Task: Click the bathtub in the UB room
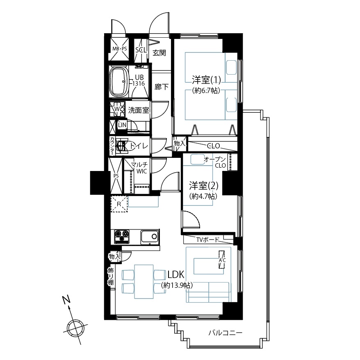click(x=119, y=82)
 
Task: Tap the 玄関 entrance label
click(x=159, y=53)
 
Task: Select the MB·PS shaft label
click(x=119, y=49)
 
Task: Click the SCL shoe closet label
click(x=141, y=50)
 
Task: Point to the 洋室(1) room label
click(x=206, y=80)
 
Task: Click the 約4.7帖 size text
click(x=203, y=196)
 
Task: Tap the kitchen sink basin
click(x=149, y=236)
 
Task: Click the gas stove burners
click(x=122, y=237)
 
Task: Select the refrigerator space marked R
click(x=119, y=204)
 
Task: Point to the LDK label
click(x=176, y=275)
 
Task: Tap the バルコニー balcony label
click(x=225, y=333)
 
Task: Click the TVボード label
click(x=208, y=240)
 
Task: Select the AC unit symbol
click(x=222, y=260)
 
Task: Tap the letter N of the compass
click(x=66, y=300)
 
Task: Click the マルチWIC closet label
click(x=139, y=168)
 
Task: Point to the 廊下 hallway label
click(x=162, y=87)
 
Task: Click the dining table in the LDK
click(x=144, y=281)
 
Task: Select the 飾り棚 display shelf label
click(x=111, y=276)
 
